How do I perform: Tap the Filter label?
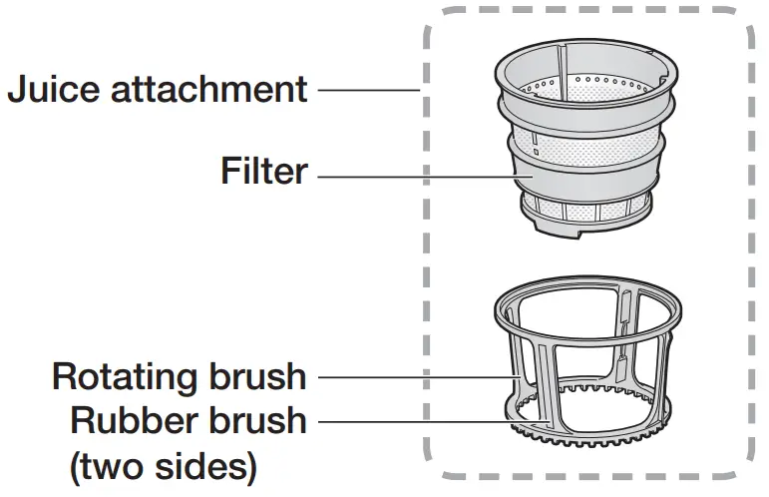pos(263,172)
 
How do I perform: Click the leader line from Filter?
pos(419,178)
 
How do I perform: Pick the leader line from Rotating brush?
pos(409,377)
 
